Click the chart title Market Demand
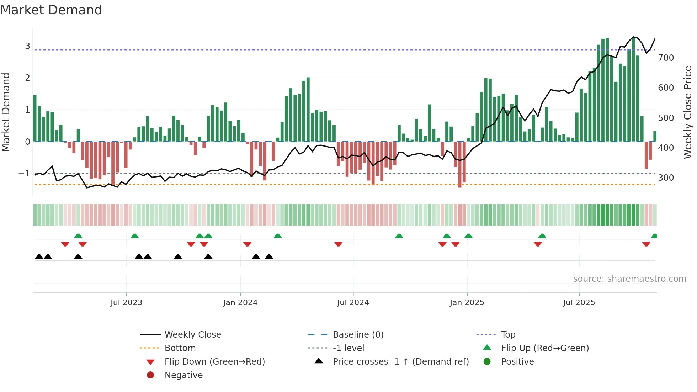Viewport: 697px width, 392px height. point(51,10)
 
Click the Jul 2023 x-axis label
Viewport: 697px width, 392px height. point(126,303)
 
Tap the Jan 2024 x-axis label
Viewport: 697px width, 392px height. point(240,303)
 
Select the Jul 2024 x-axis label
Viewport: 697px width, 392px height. point(353,303)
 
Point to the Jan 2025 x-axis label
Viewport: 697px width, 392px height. point(467,303)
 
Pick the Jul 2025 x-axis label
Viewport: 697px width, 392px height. point(579,303)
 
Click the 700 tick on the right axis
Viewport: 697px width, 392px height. point(666,58)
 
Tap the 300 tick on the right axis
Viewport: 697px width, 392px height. point(666,178)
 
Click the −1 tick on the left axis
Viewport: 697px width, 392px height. point(25,174)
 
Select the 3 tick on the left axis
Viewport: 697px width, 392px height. point(27,46)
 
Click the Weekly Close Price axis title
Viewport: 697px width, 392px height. point(688,112)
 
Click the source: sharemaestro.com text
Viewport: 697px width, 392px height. point(629,279)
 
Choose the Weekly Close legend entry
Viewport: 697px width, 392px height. point(192,335)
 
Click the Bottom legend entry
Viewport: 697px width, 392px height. point(180,348)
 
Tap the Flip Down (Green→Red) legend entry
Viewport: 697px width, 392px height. point(214,362)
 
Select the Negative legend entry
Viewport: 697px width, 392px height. point(183,375)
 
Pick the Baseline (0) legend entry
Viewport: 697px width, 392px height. point(358,335)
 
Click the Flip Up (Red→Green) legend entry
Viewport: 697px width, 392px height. point(545,348)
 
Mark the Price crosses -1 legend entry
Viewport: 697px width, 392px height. point(400,362)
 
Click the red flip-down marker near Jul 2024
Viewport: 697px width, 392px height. point(338,244)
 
